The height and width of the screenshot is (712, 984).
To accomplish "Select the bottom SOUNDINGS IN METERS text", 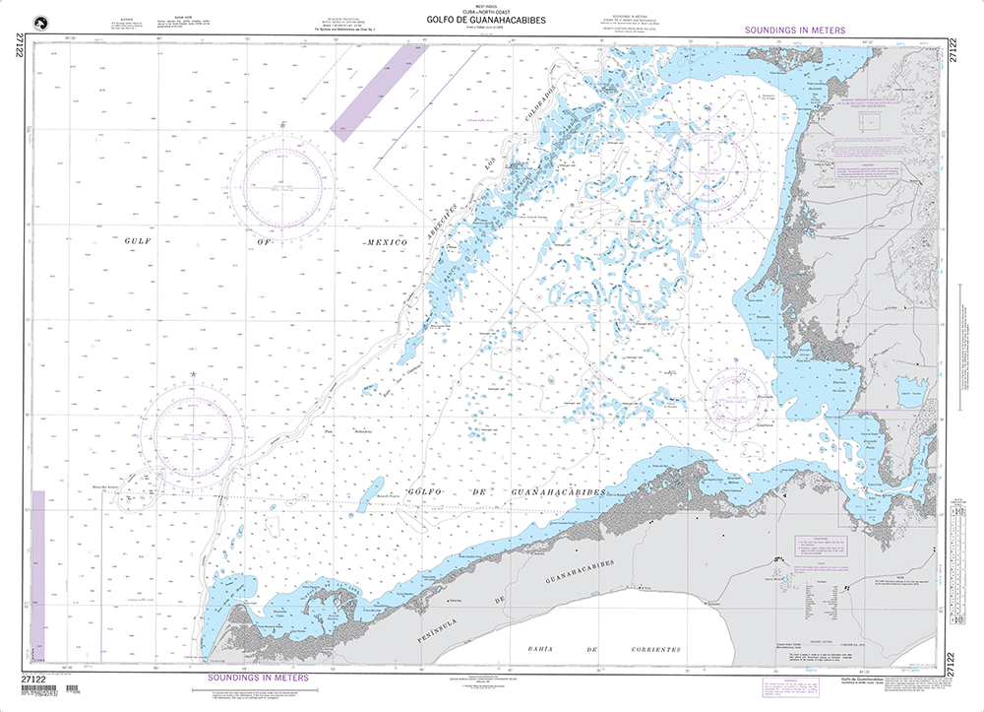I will pos(257,678).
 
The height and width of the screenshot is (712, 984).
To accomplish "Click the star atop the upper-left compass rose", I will pos(282,125).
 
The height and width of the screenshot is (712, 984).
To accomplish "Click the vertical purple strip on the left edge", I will pos(38,566).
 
